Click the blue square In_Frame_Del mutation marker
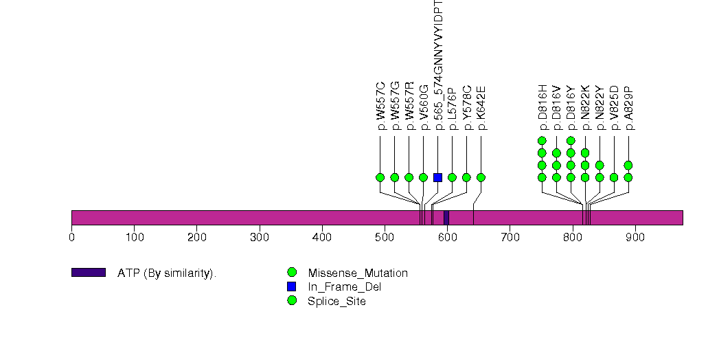click(x=437, y=177)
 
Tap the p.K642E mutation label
click(x=481, y=108)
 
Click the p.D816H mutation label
click(x=542, y=107)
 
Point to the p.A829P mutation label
click(x=628, y=108)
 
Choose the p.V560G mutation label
click(x=424, y=107)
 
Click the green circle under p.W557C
click(x=380, y=177)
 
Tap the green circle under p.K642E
click(x=481, y=177)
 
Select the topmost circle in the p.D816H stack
click(x=542, y=141)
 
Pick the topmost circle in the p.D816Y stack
click(x=571, y=141)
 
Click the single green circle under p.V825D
click(x=614, y=177)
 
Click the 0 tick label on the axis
click(x=71, y=237)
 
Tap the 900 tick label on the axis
click(x=635, y=237)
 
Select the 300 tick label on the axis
click(x=260, y=237)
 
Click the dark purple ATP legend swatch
click(x=88, y=273)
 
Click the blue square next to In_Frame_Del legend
click(x=292, y=286)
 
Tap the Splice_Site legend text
click(x=337, y=301)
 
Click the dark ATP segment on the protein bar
click(x=446, y=217)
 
